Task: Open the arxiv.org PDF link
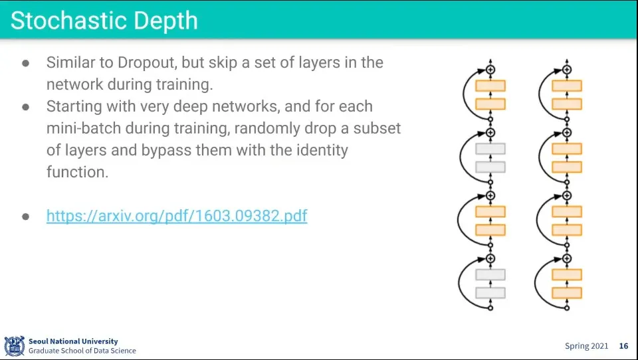[177, 216]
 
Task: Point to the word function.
[77, 172]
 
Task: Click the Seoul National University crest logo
[14, 346]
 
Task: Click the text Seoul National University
[73, 341]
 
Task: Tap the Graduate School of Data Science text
[82, 351]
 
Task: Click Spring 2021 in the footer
[586, 346]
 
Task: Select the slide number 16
[624, 346]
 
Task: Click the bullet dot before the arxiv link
[26, 217]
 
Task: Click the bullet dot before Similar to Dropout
[26, 64]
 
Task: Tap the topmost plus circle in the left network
[490, 70]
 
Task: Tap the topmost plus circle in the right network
[567, 70]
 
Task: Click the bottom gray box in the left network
[490, 293]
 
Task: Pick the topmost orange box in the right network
[567, 86]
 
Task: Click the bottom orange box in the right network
[567, 293]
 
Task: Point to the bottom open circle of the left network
[490, 308]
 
